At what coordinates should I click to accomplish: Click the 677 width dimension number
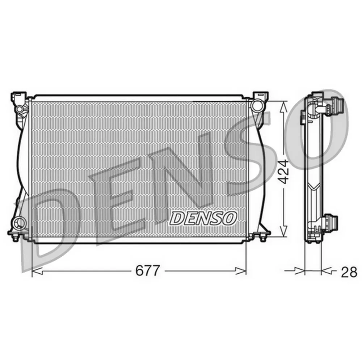pos(147,270)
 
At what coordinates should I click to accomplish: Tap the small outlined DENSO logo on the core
pos(203,218)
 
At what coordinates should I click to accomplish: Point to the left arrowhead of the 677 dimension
pos(37,271)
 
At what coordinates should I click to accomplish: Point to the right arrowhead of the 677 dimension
pos(241,271)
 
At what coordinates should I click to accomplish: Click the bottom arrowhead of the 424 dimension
pos(284,231)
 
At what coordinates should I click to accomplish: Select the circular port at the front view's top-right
pos(257,106)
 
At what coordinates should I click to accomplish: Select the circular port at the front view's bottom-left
pos(19,223)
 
